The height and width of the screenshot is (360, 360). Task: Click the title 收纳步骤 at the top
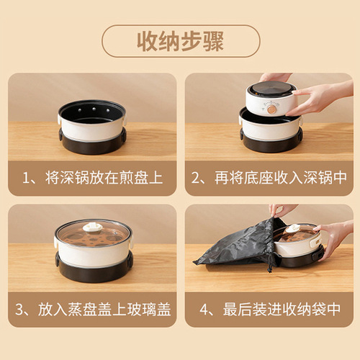[179, 41]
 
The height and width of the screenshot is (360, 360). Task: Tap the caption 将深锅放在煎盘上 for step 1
[99, 176]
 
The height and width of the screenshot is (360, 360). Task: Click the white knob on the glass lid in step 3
[92, 228]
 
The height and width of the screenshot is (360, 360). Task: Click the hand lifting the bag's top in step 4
[282, 210]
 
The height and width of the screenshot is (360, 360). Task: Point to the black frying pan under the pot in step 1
[92, 144]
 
